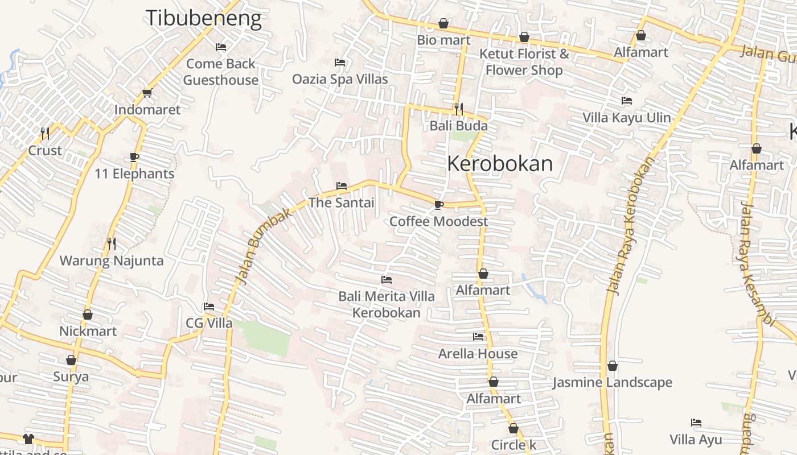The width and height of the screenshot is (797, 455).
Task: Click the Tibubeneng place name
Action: (x=204, y=18)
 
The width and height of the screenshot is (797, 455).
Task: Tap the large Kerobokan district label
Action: (x=500, y=164)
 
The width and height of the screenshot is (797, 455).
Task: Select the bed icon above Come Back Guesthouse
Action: (x=221, y=47)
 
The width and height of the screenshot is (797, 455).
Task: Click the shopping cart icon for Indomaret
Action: (x=147, y=93)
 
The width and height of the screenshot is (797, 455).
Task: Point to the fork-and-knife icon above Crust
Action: (x=45, y=134)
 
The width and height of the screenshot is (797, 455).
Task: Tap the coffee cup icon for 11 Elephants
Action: (x=134, y=157)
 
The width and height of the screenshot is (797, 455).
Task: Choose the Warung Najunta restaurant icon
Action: (x=112, y=244)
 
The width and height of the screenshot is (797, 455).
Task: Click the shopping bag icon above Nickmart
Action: (x=88, y=315)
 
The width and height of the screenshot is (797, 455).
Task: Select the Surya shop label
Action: (x=71, y=377)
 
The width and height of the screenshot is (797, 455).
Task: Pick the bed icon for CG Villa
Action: (x=209, y=307)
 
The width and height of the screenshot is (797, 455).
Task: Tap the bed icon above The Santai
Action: (x=342, y=186)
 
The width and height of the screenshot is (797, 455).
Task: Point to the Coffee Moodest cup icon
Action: (x=438, y=205)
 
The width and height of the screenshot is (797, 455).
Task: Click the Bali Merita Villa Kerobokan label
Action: (x=387, y=304)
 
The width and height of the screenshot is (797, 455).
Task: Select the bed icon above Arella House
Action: (x=478, y=337)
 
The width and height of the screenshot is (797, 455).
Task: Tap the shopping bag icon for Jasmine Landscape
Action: (x=613, y=366)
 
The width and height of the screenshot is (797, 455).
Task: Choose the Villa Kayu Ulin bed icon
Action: (x=627, y=101)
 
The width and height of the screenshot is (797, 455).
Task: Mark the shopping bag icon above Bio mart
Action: (x=443, y=23)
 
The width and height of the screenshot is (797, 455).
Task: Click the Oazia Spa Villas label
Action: (x=340, y=79)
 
